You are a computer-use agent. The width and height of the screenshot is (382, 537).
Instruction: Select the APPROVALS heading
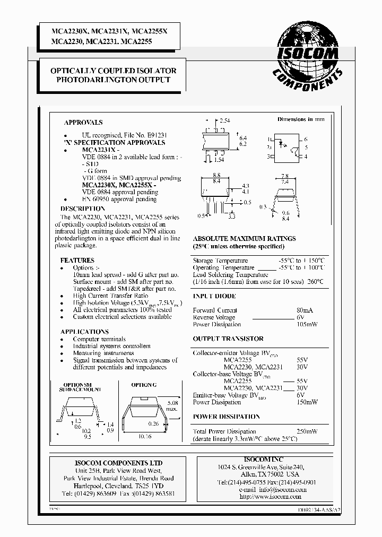pos(83,122)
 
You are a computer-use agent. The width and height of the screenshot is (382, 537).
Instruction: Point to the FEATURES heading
pos(77,261)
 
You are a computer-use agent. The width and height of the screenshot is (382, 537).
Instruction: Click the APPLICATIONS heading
pos(85,331)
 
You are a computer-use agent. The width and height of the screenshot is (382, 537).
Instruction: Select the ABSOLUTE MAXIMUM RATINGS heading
pos(244,239)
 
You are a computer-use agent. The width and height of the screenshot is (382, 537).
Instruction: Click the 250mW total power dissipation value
pos(308,431)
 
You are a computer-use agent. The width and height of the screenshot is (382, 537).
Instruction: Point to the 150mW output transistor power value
pos(308,402)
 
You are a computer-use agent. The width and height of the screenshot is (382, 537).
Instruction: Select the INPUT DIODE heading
pos(214,296)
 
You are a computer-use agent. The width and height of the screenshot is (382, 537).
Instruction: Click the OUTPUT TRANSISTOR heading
pos(228,339)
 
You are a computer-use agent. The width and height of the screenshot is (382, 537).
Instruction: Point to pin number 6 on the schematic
pos(306,139)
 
